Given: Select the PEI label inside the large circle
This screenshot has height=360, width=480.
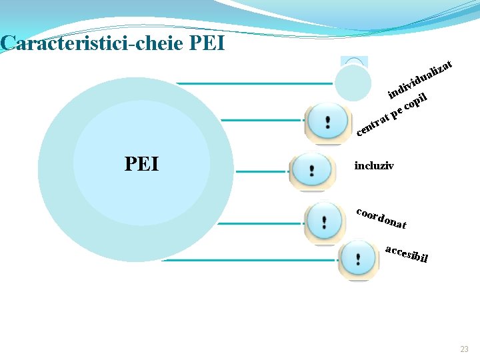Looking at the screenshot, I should [141, 163].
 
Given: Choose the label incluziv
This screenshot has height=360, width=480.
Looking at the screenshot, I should [374, 165].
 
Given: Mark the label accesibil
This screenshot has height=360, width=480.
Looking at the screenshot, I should [406, 253].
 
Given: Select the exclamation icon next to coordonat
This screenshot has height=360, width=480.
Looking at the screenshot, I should [325, 221].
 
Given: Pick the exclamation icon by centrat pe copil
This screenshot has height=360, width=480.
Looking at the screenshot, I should [328, 121].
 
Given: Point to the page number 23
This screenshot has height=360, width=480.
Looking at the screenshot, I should [464, 349].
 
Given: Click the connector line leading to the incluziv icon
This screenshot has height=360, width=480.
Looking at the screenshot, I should [262, 171].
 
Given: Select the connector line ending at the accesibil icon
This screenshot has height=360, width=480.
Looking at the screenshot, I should [247, 260].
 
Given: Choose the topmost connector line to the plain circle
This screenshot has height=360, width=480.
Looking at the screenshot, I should [253, 83].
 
